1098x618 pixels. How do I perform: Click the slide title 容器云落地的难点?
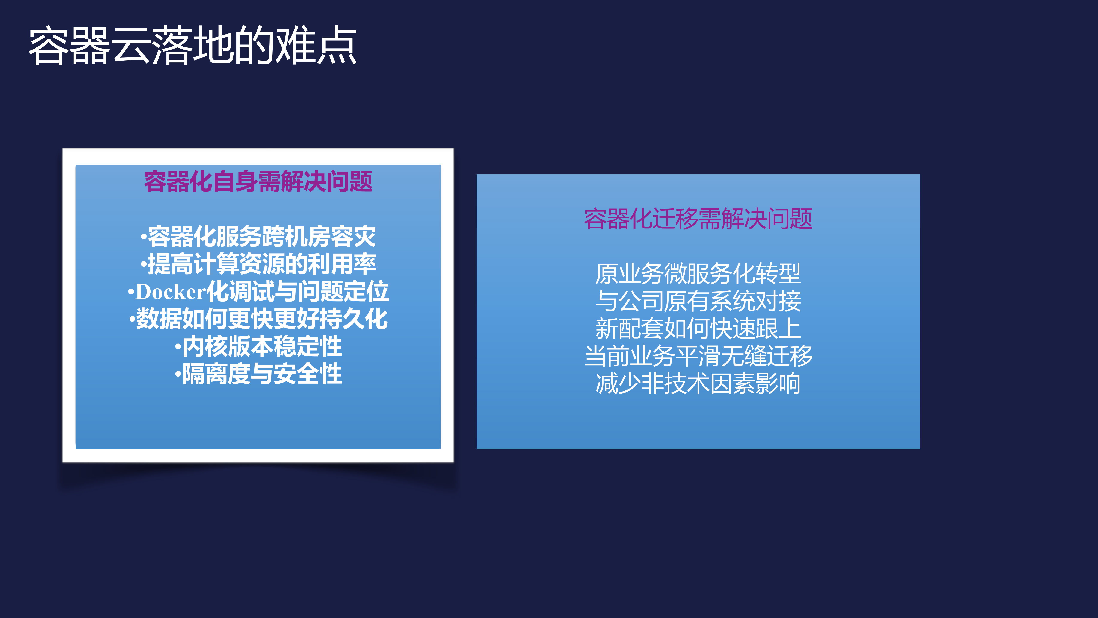pos(193,46)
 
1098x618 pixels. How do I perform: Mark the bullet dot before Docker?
pos(131,293)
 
